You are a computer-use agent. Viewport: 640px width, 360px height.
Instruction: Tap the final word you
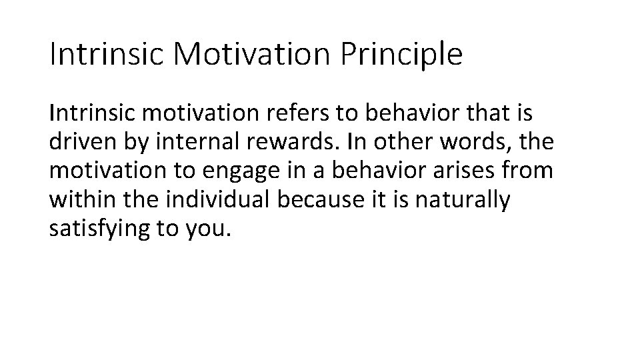tap(212, 229)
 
